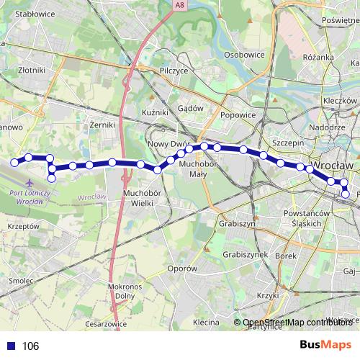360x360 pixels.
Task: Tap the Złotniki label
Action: click(33, 70)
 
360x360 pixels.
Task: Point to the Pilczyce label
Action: click(174, 71)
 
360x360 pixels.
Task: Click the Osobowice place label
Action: click(245, 55)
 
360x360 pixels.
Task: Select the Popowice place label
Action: click(238, 114)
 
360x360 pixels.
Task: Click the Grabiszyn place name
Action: click(239, 222)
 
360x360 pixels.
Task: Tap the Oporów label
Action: click(183, 269)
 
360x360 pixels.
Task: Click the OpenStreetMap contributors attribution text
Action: click(297, 322)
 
